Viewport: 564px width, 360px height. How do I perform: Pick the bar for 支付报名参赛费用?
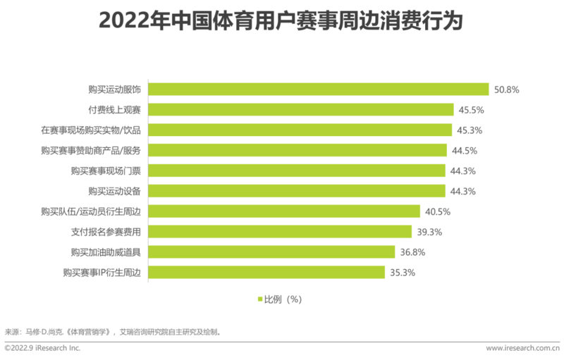pyautogui.click(x=280, y=232)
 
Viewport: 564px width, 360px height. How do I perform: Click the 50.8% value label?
pyautogui.click(x=507, y=89)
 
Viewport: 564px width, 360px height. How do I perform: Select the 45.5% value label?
pyautogui.click(x=471, y=110)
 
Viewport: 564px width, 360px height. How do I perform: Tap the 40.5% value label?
pyautogui.click(x=437, y=211)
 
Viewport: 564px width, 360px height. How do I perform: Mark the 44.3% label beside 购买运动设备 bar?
pyautogui.click(x=463, y=191)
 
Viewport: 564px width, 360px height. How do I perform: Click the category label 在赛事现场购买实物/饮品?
pyautogui.click(x=91, y=130)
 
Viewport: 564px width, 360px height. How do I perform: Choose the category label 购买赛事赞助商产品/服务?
pyautogui.click(x=91, y=150)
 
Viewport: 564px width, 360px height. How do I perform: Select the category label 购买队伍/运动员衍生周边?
pyautogui.click(x=91, y=211)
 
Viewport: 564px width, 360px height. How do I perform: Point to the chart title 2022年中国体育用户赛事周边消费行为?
pyautogui.click(x=281, y=21)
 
